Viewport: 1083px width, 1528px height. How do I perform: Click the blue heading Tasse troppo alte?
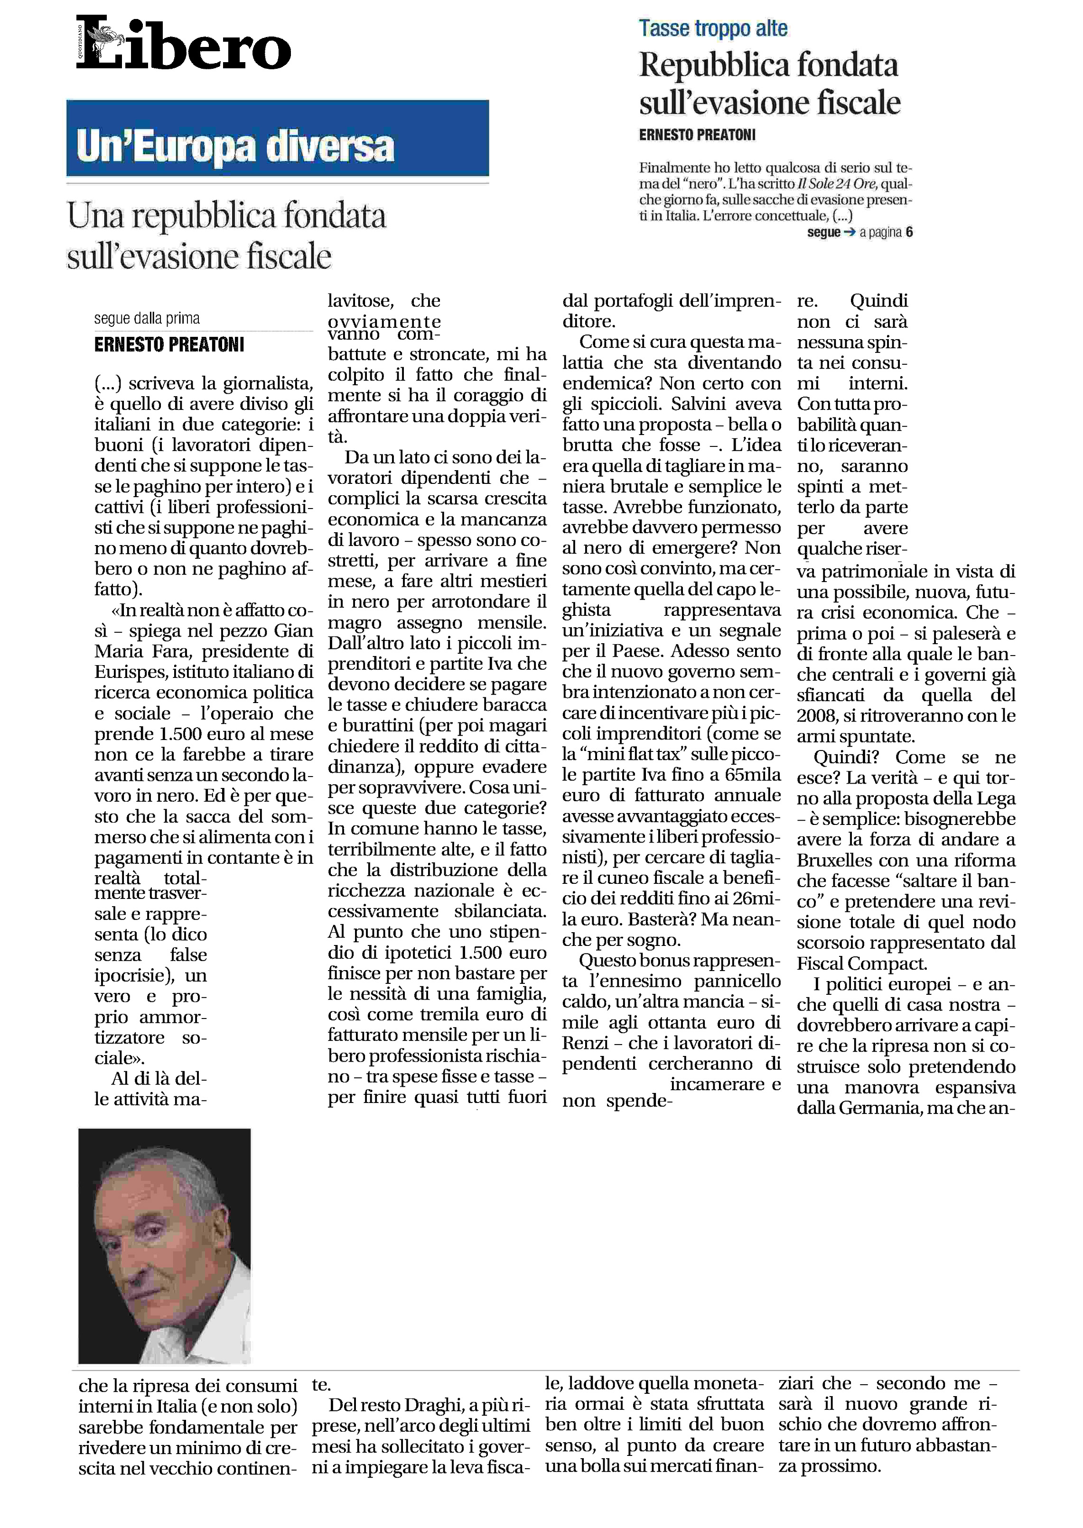(x=713, y=28)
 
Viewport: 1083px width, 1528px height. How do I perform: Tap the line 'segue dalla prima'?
(x=147, y=319)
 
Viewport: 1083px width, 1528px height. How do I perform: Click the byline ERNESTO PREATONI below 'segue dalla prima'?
(x=169, y=345)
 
